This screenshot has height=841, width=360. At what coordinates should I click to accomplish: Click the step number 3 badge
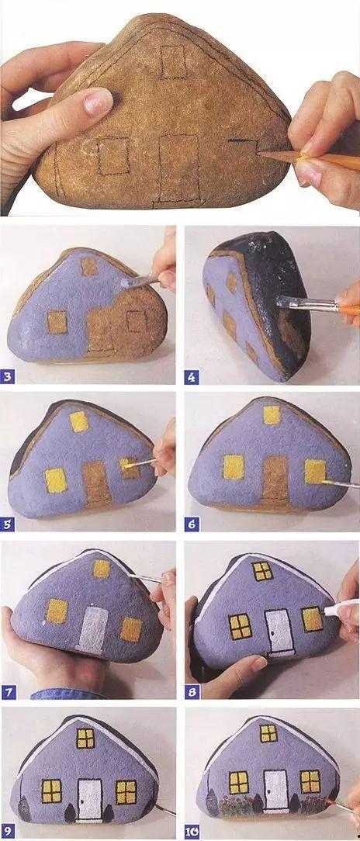[x=8, y=377]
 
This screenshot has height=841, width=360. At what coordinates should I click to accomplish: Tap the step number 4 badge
[x=192, y=377]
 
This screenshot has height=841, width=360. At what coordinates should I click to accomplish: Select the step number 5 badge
[x=8, y=524]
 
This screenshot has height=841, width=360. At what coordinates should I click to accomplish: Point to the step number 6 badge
[x=192, y=524]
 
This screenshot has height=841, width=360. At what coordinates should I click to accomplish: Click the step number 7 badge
[x=8, y=693]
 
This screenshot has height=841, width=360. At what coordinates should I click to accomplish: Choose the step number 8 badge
[x=192, y=693]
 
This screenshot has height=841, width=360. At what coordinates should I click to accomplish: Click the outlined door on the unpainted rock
[x=179, y=169]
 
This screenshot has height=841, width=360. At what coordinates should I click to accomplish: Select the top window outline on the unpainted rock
[x=174, y=62]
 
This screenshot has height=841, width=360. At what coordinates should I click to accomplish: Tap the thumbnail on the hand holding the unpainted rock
[x=99, y=102]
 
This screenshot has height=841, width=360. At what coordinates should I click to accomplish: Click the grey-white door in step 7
[x=92, y=631]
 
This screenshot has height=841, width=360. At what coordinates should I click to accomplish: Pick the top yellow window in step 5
[x=79, y=421]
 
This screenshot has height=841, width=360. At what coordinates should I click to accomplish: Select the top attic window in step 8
[x=263, y=572]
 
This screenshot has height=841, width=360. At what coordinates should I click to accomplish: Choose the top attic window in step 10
[x=268, y=733]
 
